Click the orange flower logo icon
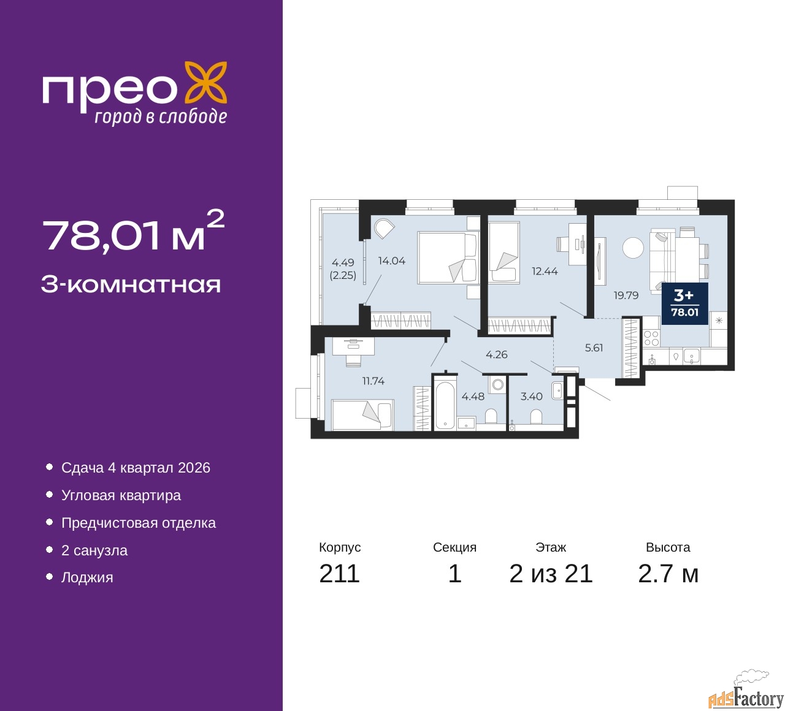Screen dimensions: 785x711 [x=206, y=85]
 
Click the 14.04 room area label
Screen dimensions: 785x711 [x=391, y=261]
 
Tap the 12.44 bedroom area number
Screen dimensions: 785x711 [x=545, y=271]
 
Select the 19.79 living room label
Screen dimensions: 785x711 [x=626, y=295]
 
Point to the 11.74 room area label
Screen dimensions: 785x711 [x=373, y=381]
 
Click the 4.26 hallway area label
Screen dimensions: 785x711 [x=496, y=355]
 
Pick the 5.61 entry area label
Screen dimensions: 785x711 [x=594, y=348]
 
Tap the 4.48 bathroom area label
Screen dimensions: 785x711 [x=473, y=397]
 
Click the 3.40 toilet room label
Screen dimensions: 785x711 [x=531, y=397]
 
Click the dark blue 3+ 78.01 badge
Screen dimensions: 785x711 [x=684, y=303]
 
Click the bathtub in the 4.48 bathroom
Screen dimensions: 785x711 [x=445, y=405]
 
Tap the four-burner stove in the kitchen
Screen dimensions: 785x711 [x=651, y=338]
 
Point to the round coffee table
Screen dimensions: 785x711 [x=633, y=248]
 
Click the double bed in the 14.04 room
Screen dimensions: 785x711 [x=448, y=257]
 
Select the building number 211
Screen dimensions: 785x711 [x=339, y=574]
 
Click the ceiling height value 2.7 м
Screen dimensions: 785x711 [x=668, y=574]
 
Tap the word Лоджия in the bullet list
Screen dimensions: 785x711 [x=87, y=578]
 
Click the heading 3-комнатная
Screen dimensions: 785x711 [x=131, y=285]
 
